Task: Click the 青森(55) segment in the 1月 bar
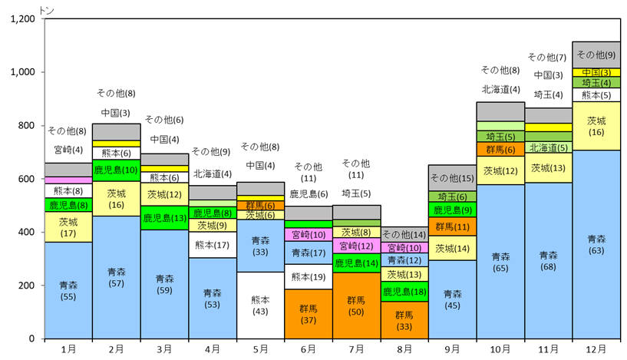click(x=68, y=290)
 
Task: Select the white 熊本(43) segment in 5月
click(x=260, y=306)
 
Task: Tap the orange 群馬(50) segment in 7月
click(x=356, y=306)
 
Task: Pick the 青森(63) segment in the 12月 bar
click(x=596, y=244)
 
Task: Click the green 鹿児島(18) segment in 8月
click(x=404, y=292)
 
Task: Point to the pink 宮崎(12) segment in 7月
click(x=356, y=246)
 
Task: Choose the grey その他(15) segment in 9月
click(x=452, y=178)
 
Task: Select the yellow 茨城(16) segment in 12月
click(x=596, y=126)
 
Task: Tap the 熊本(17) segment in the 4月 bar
click(x=213, y=245)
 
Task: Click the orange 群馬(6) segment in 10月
click(x=500, y=149)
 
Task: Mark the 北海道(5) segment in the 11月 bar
click(x=548, y=147)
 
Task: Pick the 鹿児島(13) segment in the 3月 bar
click(x=164, y=218)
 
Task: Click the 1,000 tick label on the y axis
click(x=23, y=72)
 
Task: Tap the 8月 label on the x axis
click(x=404, y=349)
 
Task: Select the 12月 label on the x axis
click(x=596, y=349)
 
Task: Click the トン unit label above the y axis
click(x=47, y=11)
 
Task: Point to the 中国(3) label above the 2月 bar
click(x=116, y=113)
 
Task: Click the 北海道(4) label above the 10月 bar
click(x=500, y=90)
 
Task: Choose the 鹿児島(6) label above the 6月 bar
click(x=309, y=194)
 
